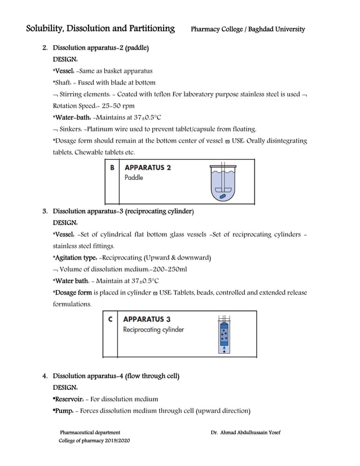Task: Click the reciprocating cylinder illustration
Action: (x=225, y=334)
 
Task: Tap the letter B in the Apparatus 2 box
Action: (x=112, y=168)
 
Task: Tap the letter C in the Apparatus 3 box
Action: (x=111, y=319)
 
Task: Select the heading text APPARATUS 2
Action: (x=148, y=168)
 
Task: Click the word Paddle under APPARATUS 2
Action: (x=134, y=178)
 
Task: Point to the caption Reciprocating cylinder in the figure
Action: (x=153, y=329)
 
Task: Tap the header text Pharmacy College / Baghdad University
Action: (x=248, y=29)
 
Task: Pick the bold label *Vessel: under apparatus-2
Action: (x=64, y=71)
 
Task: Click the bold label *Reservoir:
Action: (x=69, y=399)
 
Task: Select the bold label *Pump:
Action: (x=64, y=410)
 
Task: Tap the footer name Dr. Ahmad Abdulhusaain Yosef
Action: (x=245, y=433)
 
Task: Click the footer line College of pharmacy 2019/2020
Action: (x=94, y=440)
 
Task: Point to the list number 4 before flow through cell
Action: (x=45, y=376)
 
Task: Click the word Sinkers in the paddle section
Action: (x=72, y=129)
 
